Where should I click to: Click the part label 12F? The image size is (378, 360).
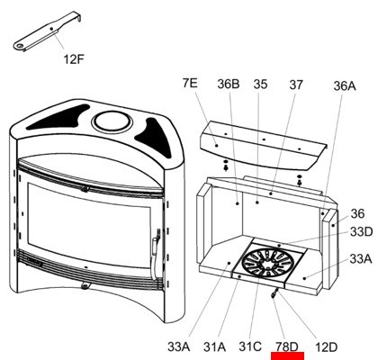click(x=74, y=59)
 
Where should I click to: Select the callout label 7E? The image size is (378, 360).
click(x=190, y=83)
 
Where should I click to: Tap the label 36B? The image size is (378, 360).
click(x=229, y=84)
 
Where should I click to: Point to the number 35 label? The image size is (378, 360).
click(x=260, y=85)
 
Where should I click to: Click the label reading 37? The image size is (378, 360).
click(x=296, y=85)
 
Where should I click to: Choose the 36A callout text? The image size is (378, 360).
click(x=345, y=86)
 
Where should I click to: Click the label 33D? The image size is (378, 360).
click(x=362, y=231)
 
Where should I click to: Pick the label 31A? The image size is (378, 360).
click(x=214, y=347)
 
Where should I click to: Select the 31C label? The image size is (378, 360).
click(x=250, y=346)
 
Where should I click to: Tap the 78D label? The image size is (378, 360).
click(x=287, y=346)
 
